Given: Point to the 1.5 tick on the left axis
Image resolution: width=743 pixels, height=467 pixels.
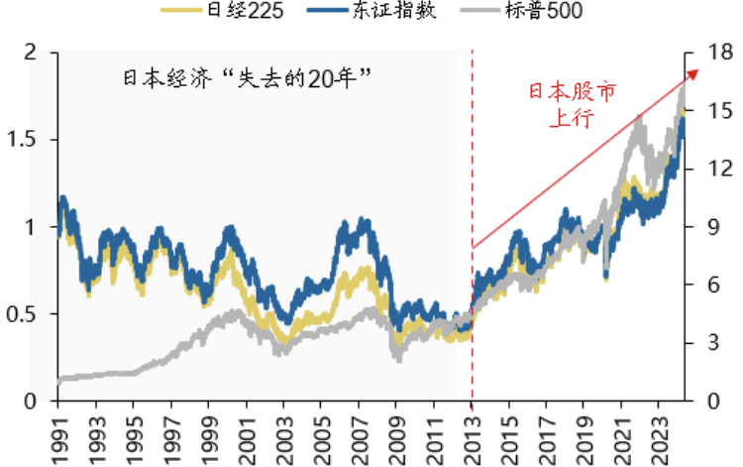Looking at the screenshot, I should pos(23,140).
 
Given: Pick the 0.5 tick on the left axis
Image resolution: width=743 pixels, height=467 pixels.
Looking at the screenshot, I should pos(23,314).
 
